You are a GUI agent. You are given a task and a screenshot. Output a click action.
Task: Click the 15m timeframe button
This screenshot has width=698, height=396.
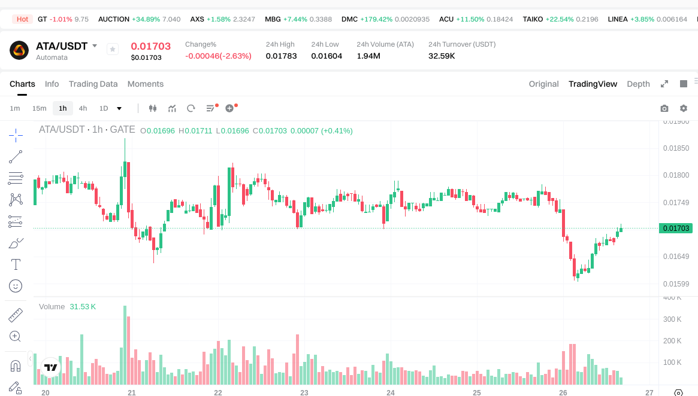pyautogui.click(x=39, y=108)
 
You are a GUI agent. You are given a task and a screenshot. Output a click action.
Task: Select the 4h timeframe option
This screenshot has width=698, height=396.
pyautogui.click(x=83, y=108)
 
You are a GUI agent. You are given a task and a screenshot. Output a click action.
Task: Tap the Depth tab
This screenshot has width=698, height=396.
pyautogui.click(x=638, y=84)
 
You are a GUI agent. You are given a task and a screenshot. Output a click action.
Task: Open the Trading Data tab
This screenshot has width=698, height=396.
pyautogui.click(x=93, y=84)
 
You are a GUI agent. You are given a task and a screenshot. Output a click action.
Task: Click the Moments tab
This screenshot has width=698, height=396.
pyautogui.click(x=145, y=84)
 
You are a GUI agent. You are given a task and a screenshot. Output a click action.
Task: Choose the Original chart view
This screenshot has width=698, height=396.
pyautogui.click(x=543, y=84)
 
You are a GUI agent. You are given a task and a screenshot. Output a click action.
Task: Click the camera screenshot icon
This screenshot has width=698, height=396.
pyautogui.click(x=664, y=108)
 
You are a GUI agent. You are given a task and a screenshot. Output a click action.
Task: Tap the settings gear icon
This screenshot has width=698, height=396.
pyautogui.click(x=683, y=108)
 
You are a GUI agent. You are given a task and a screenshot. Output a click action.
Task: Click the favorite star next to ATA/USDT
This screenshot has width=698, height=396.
pyautogui.click(x=113, y=50)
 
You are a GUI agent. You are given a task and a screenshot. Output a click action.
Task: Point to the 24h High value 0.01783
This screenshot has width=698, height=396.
pyautogui.click(x=281, y=56)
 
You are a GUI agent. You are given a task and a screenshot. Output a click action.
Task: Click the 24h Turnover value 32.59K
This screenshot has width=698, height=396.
pyautogui.click(x=442, y=56)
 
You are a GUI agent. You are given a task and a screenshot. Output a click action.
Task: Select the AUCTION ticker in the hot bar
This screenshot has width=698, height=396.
pyautogui.click(x=114, y=19)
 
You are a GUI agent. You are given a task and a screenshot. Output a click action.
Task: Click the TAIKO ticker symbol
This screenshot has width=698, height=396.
pyautogui.click(x=533, y=19)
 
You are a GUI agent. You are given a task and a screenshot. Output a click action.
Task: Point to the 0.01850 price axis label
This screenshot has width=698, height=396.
pyautogui.click(x=676, y=148)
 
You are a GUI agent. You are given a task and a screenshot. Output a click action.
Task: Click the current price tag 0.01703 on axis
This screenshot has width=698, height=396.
pyautogui.click(x=676, y=228)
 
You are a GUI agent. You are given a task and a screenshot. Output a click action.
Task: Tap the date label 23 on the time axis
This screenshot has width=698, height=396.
pyautogui.click(x=304, y=393)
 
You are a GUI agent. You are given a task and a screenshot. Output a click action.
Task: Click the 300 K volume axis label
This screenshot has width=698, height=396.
pyautogui.click(x=672, y=319)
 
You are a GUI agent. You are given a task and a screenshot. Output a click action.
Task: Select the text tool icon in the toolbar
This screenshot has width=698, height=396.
pyautogui.click(x=16, y=264)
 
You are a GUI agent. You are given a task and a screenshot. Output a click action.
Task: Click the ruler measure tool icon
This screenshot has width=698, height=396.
pyautogui.click(x=16, y=315)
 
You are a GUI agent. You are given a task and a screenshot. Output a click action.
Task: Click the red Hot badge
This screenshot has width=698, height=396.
pyautogui.click(x=22, y=19)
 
